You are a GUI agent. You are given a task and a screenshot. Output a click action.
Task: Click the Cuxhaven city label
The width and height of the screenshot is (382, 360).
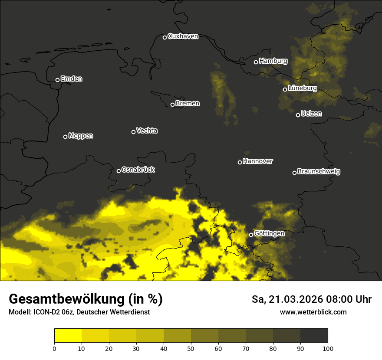click(183, 36)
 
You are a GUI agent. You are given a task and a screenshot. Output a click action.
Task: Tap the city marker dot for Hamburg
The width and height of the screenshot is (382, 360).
click(256, 62)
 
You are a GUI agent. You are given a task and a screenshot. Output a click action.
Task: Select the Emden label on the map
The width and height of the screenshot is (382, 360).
click(71, 79)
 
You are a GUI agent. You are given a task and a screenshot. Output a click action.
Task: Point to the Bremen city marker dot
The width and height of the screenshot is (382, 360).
click(172, 105)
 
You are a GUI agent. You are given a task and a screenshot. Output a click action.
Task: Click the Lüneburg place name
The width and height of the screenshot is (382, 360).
click(302, 88)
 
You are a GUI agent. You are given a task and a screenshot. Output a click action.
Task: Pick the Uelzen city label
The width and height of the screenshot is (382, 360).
click(311, 114)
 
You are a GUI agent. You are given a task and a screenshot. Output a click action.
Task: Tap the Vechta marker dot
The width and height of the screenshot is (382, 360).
click(133, 132)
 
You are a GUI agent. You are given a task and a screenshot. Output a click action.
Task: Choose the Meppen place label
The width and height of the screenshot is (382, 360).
click(81, 136)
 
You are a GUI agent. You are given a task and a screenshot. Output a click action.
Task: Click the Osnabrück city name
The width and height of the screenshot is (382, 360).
click(138, 170)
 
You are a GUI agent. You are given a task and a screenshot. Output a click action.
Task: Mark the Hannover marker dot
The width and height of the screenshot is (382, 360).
click(240, 162)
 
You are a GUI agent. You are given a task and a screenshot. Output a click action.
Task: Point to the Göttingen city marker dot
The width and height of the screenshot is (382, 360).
click(251, 235)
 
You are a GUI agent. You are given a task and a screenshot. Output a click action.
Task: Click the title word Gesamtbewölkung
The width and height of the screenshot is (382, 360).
click(66, 299)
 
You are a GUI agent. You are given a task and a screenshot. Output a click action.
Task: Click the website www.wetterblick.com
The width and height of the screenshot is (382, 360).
click(313, 312)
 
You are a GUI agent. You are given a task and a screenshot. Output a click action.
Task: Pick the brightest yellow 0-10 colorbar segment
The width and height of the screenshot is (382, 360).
click(68, 336)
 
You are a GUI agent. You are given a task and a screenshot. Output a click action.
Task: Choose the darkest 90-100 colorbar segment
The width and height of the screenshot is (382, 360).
click(314, 336)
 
